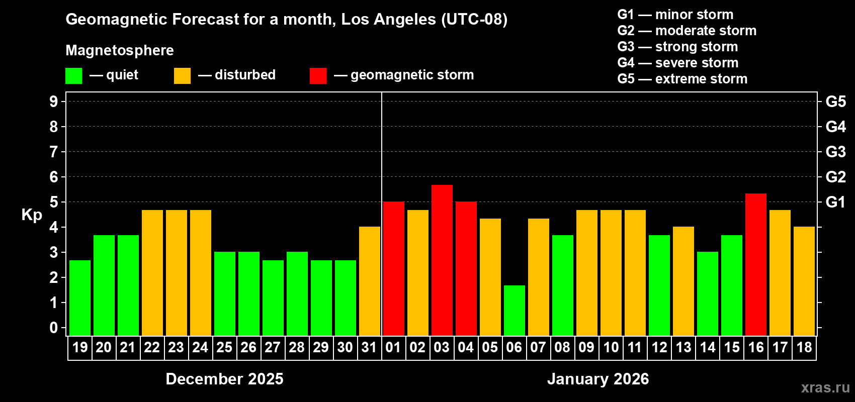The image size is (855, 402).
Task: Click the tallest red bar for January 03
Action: [442, 260]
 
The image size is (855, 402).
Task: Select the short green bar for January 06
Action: [514, 310]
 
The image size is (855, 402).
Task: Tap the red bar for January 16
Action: [755, 264]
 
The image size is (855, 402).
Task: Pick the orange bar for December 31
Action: [369, 281]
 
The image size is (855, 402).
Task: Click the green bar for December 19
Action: [80, 297]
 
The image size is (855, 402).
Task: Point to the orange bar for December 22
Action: [152, 272]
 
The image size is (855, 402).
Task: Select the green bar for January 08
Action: [562, 285]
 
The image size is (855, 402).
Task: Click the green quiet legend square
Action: [73, 76]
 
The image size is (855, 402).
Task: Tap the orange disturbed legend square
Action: [182, 76]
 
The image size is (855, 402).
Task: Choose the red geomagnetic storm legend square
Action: [318, 76]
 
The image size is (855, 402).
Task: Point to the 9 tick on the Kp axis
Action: [54, 102]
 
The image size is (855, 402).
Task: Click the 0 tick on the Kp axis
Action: [54, 328]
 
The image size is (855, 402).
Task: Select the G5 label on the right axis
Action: [835, 102]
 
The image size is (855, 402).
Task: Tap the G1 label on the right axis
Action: [835, 202]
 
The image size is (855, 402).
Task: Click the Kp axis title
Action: [32, 215]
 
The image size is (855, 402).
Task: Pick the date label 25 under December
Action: [224, 347]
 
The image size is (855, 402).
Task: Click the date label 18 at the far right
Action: [804, 347]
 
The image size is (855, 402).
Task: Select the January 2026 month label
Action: [597, 379]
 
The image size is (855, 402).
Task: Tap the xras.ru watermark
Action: [825, 387]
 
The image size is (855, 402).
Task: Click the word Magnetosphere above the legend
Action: [120, 50]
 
